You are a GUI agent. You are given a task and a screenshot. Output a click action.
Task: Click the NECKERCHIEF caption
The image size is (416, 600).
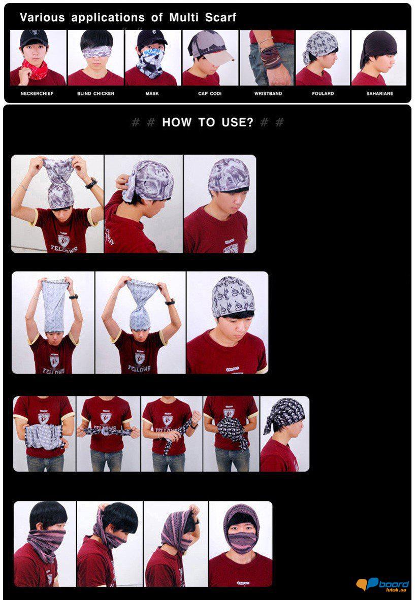(37, 93)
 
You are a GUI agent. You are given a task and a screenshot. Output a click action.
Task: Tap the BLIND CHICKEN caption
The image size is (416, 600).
(96, 93)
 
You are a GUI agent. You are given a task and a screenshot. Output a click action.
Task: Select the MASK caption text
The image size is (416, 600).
(152, 93)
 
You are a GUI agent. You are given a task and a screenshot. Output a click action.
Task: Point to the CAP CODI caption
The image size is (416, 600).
(210, 93)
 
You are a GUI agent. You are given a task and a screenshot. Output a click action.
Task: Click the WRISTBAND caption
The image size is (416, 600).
(268, 93)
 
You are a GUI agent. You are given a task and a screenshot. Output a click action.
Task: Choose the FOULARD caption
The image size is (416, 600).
(323, 93)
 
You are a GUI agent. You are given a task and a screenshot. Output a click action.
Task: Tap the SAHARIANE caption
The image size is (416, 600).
(379, 93)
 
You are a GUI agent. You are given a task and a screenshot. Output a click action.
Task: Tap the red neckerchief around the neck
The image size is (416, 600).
(36, 70)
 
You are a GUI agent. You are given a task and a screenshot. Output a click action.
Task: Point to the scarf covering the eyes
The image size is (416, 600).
(97, 51)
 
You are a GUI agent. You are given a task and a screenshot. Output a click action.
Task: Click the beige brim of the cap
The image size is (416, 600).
(220, 57)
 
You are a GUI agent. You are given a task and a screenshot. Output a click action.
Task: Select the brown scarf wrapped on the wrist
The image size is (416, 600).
(271, 57)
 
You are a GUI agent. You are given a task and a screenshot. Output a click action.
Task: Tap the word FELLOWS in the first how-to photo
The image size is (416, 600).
(65, 249)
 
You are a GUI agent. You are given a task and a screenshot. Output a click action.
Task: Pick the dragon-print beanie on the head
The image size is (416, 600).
(233, 296)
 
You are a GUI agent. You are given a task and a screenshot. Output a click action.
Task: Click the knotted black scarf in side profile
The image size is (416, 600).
(285, 415)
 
